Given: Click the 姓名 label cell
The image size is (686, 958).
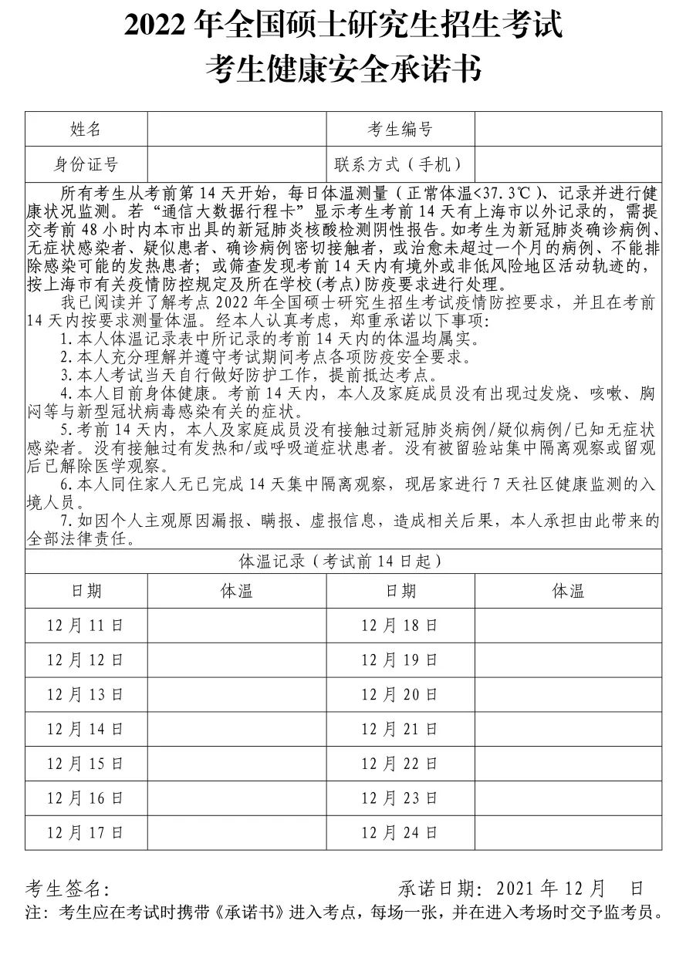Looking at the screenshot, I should tap(86, 129).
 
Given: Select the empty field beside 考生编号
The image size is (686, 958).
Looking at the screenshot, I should tap(568, 129).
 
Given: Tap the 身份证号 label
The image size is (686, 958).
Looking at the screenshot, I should tap(86, 164).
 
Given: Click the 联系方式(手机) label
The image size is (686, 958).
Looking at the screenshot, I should tap(400, 164).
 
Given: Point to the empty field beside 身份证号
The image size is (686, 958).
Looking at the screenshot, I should tap(236, 164).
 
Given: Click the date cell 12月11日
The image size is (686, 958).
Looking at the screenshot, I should tap(86, 625).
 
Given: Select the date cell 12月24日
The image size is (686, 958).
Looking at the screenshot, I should tap(400, 833).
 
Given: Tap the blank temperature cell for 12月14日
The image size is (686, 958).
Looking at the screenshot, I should tap(236, 729).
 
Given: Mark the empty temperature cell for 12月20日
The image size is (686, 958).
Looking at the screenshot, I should tap(568, 694).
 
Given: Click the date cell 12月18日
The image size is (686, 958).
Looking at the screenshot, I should tap(400, 625).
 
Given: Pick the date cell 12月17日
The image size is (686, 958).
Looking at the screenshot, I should tap(86, 833).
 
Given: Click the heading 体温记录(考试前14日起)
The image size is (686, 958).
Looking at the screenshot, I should tap(343, 561).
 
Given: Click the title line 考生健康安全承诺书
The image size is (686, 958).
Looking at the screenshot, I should tap(343, 69).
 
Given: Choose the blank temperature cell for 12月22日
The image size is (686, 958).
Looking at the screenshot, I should tap(568, 764).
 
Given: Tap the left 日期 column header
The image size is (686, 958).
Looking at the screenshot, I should tap(86, 591).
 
